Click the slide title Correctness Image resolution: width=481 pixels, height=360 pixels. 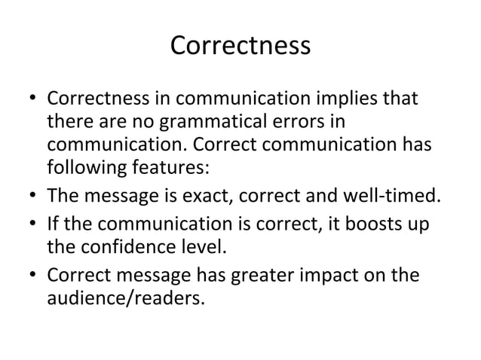[x=240, y=46]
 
